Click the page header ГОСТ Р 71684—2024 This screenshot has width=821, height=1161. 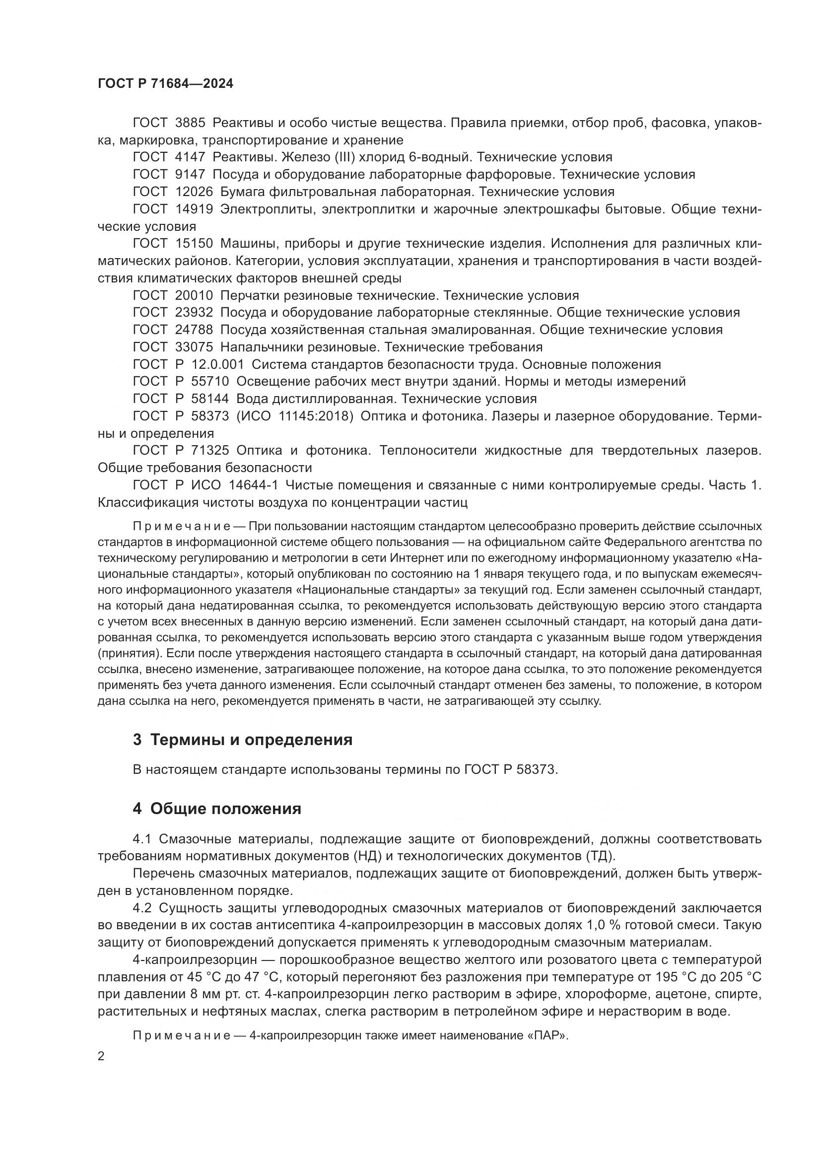click(165, 84)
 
